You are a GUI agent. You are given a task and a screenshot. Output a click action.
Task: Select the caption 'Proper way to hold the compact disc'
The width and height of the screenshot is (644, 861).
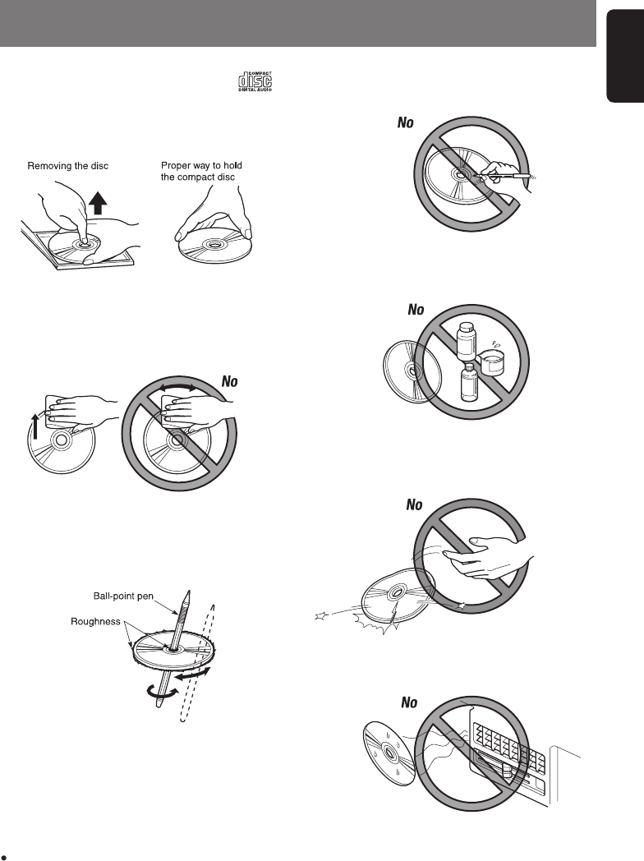click(x=200, y=172)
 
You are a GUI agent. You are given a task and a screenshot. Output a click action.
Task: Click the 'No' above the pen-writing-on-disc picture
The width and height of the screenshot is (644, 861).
click(x=405, y=124)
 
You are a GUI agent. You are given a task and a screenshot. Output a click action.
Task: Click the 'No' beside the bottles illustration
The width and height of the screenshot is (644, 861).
click(x=416, y=311)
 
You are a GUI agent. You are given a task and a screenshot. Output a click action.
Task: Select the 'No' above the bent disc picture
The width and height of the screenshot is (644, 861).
click(x=414, y=504)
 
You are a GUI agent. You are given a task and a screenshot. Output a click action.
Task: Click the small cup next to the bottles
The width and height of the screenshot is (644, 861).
click(x=492, y=361)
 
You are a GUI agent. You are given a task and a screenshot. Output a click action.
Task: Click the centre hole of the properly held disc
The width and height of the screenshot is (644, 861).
click(x=214, y=243)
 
